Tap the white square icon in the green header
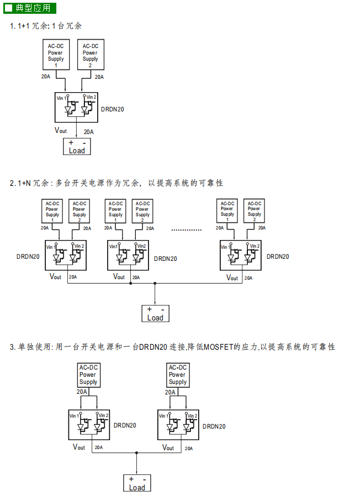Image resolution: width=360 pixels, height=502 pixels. click(9, 8)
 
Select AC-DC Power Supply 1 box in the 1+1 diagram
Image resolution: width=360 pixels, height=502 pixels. click(55, 54)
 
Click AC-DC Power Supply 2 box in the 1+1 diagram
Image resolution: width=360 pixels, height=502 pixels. click(90, 54)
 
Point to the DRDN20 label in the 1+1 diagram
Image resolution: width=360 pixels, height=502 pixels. click(112, 109)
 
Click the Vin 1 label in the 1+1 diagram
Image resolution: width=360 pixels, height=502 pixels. click(62, 98)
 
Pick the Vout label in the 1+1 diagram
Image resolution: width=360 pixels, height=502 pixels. click(61, 130)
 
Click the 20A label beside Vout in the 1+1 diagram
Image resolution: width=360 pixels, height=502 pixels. click(88, 132)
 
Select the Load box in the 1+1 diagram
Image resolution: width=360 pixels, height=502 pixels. click(76, 147)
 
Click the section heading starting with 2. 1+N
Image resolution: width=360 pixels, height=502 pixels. click(116, 183)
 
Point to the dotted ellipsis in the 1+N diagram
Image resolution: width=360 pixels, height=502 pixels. click(187, 229)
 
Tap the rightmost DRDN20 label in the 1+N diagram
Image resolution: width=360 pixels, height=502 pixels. click(278, 257)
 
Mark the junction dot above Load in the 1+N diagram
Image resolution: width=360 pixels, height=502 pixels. click(155, 284)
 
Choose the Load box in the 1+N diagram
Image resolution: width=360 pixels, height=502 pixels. click(155, 313)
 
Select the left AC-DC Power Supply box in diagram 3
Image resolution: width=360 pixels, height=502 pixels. click(88, 375)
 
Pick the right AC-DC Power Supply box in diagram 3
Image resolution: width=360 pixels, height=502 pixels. click(177, 375)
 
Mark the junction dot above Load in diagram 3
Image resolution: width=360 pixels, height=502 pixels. click(136, 453)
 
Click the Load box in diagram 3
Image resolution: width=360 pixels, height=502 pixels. click(136, 483)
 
